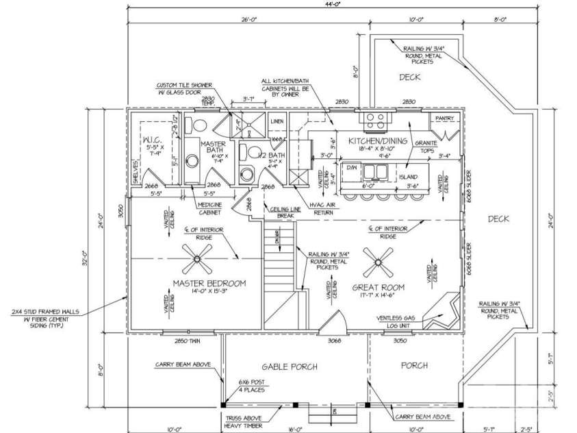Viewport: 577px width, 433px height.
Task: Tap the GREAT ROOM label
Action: point(378,286)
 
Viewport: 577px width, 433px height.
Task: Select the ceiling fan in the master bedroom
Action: point(197,259)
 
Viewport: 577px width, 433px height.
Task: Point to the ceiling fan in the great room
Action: point(379,260)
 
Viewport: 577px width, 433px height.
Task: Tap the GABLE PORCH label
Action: point(290,367)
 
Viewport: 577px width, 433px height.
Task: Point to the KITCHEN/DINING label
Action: point(376,140)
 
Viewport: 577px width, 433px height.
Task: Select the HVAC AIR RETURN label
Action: point(321,208)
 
